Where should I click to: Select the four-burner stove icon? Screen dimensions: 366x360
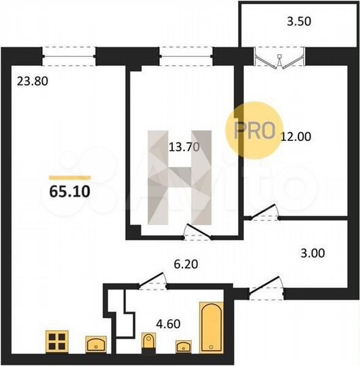point(58,342)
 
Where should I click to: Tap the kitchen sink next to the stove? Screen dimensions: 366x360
point(96,344)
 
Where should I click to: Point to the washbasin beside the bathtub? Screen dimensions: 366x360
point(183,347)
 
